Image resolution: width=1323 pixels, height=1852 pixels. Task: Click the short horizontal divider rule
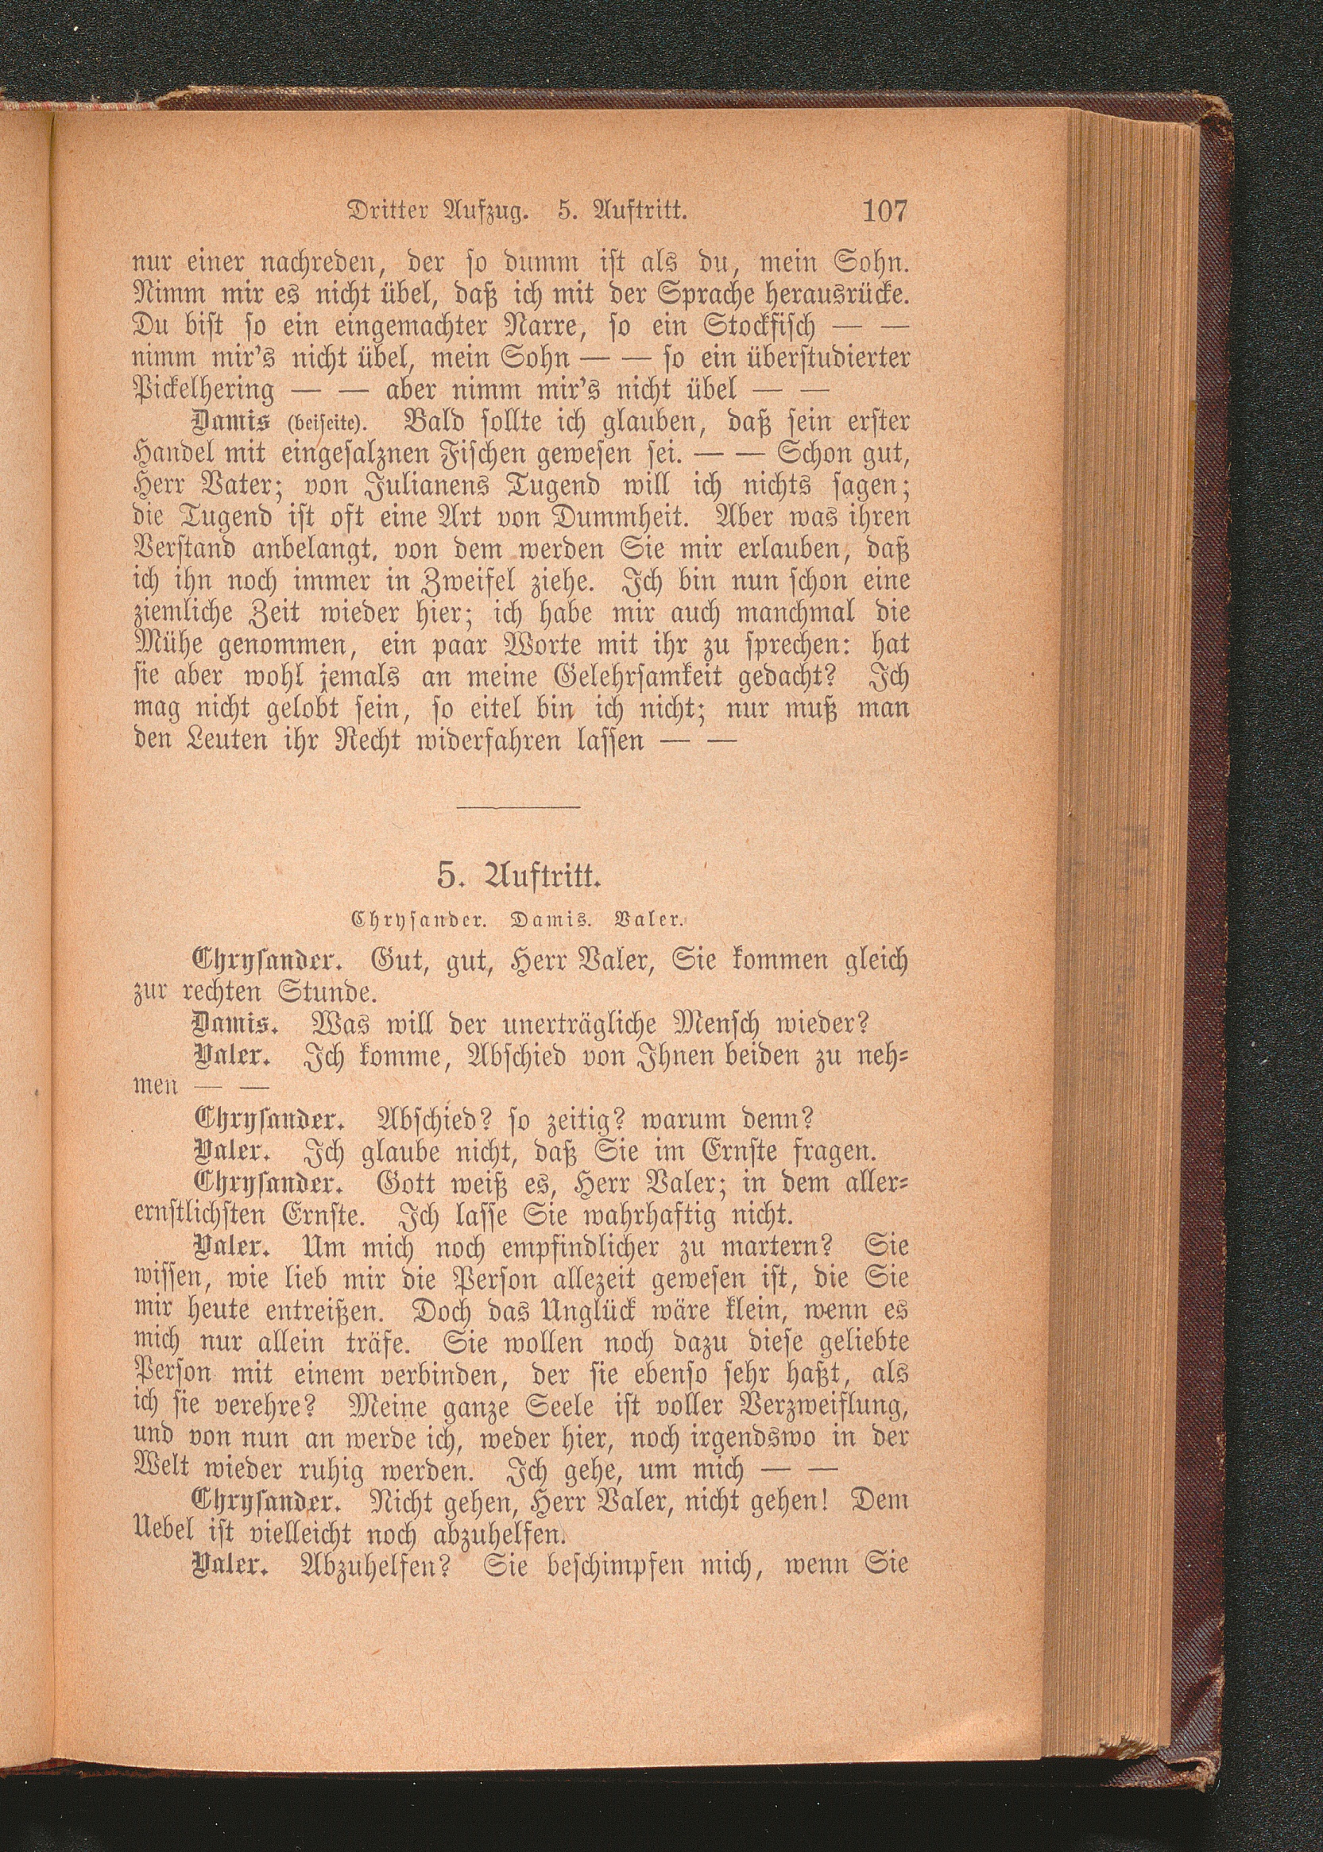519,807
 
